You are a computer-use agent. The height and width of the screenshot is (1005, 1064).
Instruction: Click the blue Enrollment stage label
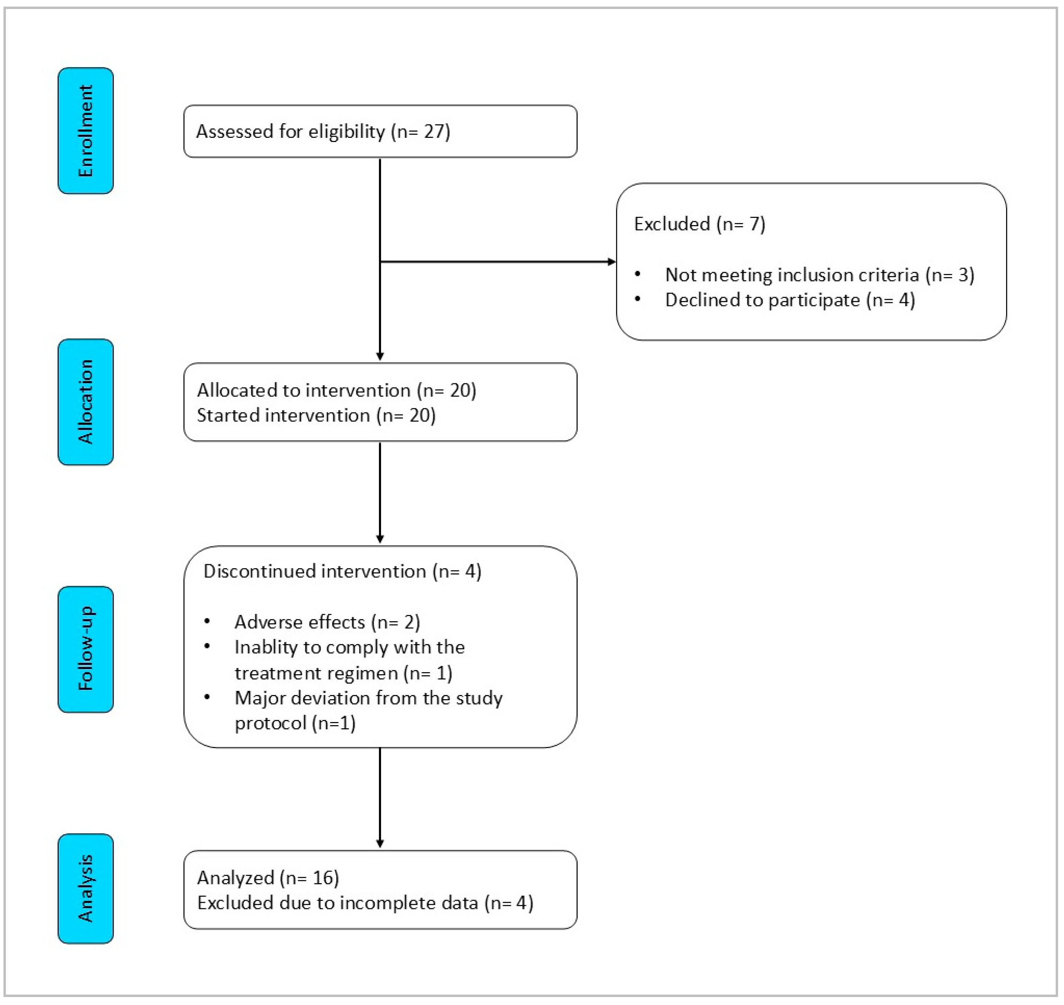coord(85,130)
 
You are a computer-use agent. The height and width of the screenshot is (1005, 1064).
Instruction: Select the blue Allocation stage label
coord(85,402)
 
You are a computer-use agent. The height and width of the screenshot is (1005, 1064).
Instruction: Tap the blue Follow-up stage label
coord(85,649)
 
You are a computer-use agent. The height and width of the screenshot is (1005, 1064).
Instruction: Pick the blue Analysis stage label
coord(85,889)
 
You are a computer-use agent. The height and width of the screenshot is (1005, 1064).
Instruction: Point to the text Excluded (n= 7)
coord(699,224)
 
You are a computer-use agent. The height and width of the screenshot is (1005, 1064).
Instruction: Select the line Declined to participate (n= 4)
coord(790,300)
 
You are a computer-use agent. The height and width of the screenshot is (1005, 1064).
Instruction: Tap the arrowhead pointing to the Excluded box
coord(611,262)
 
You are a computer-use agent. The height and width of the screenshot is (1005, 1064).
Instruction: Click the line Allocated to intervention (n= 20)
coord(336,390)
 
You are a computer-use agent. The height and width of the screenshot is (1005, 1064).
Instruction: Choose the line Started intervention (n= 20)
coord(316,415)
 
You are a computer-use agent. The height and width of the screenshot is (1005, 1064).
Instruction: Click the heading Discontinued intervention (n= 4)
coord(342,571)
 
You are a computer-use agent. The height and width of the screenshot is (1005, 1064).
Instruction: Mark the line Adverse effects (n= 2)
coord(327,622)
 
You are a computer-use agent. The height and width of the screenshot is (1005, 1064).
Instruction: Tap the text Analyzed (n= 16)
coord(268,878)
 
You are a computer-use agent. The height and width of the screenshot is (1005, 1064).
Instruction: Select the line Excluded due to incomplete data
coord(365,903)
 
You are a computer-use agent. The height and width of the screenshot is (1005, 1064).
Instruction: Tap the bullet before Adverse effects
coord(207,621)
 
